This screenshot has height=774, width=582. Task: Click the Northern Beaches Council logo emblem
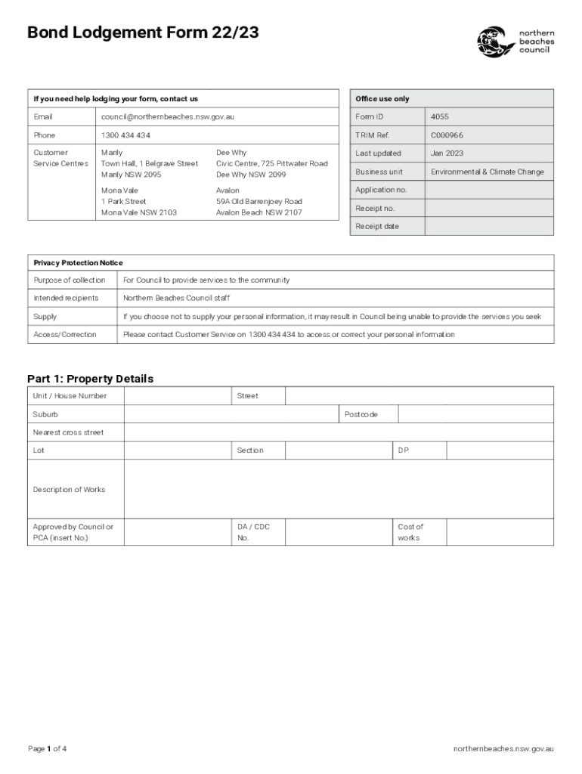(x=496, y=42)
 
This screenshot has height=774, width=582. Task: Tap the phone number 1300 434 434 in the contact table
(x=125, y=135)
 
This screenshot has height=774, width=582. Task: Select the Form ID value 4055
(x=440, y=117)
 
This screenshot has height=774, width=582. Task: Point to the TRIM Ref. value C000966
(x=447, y=135)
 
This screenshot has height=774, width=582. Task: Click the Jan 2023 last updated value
(x=447, y=153)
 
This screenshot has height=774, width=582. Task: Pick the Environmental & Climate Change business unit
(x=487, y=172)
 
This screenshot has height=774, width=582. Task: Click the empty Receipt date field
(x=488, y=227)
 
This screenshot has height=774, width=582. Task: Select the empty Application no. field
(x=488, y=190)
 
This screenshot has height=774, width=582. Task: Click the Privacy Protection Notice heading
(x=78, y=263)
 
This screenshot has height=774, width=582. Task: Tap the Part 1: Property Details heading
(x=90, y=379)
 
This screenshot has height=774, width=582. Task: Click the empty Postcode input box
(x=475, y=414)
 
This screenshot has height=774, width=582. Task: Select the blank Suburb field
(x=230, y=414)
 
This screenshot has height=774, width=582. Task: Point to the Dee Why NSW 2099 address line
(x=251, y=175)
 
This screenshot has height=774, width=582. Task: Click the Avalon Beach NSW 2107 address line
(x=258, y=212)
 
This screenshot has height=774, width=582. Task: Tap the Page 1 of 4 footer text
(x=48, y=749)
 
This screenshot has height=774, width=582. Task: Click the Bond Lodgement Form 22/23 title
(x=143, y=33)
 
